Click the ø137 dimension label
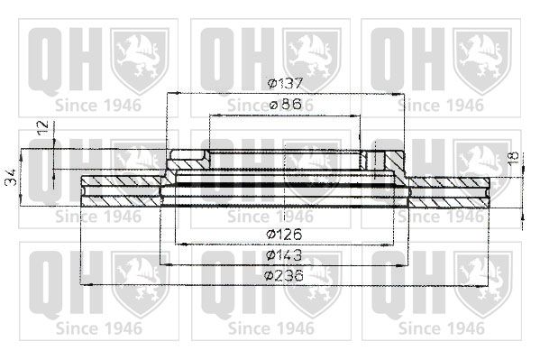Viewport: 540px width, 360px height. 285,83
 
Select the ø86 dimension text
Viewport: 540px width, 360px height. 285,104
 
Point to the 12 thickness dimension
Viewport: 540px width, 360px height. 44,127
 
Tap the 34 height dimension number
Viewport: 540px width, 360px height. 12,177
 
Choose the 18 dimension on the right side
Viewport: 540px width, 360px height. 513,158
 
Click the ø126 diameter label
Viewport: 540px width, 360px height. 284,235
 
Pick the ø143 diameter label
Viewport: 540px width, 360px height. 284,255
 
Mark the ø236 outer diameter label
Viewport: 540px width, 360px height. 284,275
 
